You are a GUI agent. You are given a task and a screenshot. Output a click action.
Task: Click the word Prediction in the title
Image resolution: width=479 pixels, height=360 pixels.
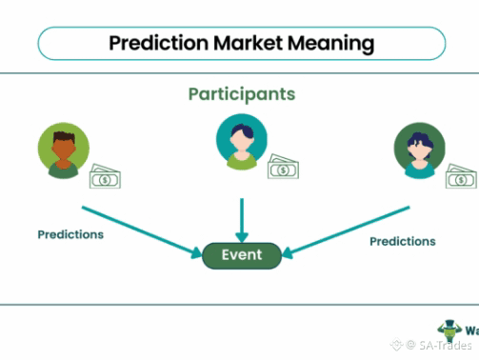click(159, 43)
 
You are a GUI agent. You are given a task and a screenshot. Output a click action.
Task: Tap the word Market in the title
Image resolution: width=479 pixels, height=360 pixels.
click(248, 43)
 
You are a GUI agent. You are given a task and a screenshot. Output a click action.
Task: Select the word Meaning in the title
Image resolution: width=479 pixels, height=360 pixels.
click(331, 44)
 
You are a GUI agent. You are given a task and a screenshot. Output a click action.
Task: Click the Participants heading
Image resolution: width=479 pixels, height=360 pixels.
click(242, 94)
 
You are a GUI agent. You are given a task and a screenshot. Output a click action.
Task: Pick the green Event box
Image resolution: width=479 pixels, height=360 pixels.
click(242, 255)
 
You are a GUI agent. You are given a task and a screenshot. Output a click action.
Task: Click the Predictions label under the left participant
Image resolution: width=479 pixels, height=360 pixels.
click(70, 234)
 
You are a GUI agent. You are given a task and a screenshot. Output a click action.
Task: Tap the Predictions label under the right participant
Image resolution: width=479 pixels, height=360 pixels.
click(403, 242)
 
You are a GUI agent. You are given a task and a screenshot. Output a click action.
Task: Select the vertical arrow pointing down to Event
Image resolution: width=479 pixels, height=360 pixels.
click(242, 220)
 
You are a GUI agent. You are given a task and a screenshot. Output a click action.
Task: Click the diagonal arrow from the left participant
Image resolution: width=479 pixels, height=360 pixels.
click(142, 232)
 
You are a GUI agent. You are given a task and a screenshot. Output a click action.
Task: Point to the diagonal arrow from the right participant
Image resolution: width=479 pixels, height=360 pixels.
click(346, 232)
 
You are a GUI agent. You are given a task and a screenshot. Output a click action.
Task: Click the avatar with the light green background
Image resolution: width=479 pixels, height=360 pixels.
click(64, 150)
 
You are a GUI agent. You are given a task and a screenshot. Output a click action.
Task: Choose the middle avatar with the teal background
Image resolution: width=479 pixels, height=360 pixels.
click(242, 142)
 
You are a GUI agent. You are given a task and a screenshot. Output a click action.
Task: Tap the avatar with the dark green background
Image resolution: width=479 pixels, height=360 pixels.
click(420, 150)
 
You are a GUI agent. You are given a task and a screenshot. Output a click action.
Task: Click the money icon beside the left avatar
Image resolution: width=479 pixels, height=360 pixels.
click(105, 176)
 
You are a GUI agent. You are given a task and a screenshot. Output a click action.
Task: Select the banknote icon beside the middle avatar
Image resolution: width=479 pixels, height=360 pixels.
click(283, 167)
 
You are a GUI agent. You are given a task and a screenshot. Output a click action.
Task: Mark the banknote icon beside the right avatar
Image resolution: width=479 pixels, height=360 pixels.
click(461, 176)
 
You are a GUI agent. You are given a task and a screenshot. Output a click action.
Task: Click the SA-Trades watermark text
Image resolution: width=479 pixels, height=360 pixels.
click(445, 345)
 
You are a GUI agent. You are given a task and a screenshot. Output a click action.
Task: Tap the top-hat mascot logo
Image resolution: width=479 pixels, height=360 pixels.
click(449, 330)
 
